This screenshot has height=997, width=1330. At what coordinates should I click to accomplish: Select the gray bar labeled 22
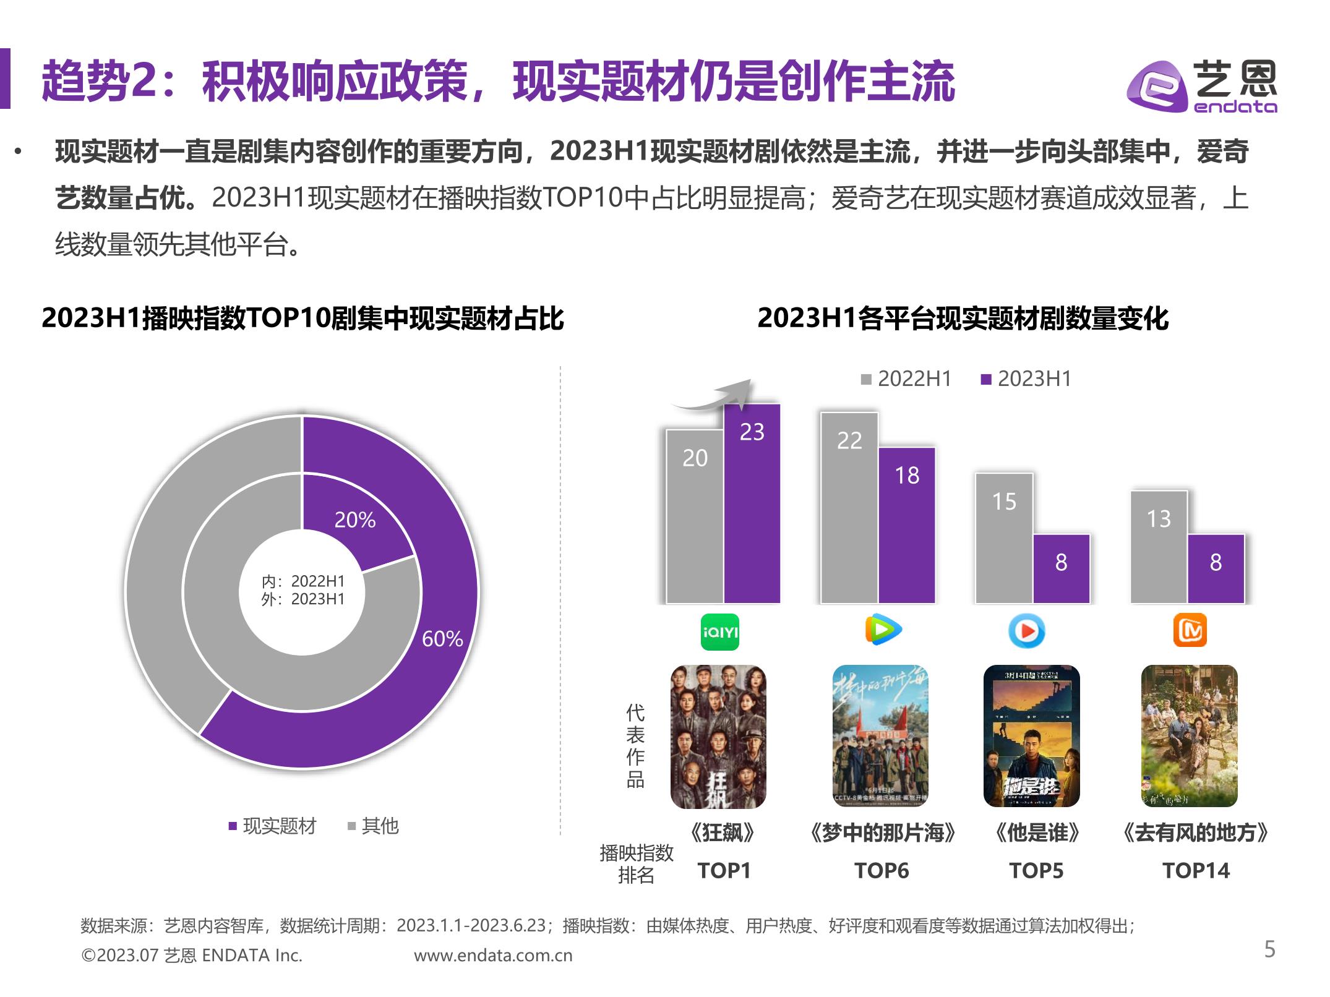[x=849, y=507]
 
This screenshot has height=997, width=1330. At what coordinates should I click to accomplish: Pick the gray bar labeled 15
[x=1004, y=538]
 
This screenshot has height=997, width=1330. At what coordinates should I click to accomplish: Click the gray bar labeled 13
[x=1159, y=547]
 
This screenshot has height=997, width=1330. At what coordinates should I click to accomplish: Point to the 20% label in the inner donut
[x=355, y=520]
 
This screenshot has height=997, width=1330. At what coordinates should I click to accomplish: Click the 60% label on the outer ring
[x=442, y=639]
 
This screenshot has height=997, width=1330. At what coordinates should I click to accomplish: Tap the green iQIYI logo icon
[x=719, y=631]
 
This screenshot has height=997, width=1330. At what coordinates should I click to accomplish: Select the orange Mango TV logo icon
[x=1190, y=630]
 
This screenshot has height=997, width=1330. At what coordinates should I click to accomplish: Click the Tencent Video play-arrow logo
[x=883, y=630]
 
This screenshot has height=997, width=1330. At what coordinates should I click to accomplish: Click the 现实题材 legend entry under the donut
[x=273, y=826]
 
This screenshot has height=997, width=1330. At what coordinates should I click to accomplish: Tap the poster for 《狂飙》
[x=718, y=737]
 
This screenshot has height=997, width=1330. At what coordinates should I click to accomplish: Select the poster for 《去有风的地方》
[x=1189, y=736]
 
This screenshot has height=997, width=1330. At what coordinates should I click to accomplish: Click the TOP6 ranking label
[x=882, y=871]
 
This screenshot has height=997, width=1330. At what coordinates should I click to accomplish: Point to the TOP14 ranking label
[x=1196, y=871]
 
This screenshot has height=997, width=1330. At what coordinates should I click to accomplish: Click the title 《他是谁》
[x=1036, y=833]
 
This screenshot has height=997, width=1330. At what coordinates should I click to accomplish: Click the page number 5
[x=1269, y=949]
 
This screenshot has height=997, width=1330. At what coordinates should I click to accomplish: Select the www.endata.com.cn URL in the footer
[x=493, y=956]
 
